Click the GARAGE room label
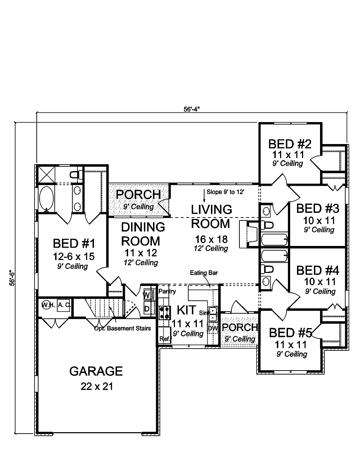click(x=96, y=371)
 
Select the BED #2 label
click(x=289, y=144)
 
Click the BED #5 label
click(x=290, y=332)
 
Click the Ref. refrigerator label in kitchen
click(x=165, y=339)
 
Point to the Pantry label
click(x=167, y=291)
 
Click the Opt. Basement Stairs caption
click(x=122, y=328)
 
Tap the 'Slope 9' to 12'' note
click(x=226, y=192)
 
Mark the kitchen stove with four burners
click(x=164, y=312)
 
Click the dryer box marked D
click(x=147, y=308)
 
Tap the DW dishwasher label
click(x=212, y=328)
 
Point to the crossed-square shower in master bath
click(x=45, y=174)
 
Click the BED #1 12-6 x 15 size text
click(x=74, y=256)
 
